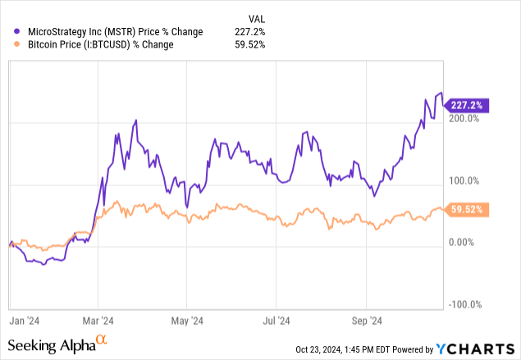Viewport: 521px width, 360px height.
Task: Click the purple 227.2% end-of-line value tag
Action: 468,105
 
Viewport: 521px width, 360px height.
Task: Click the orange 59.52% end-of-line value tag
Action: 468,209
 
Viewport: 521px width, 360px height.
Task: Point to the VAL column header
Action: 257,18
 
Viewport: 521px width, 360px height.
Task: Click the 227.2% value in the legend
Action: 254,31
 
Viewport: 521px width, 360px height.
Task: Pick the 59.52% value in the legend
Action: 251,44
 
